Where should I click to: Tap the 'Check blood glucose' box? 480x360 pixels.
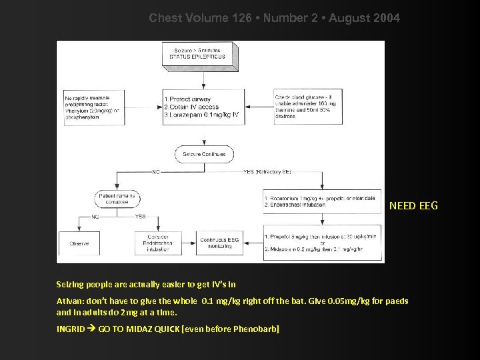[301, 108]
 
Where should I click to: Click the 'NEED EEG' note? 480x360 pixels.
[413, 205]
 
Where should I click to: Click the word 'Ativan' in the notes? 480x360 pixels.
[69, 301]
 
